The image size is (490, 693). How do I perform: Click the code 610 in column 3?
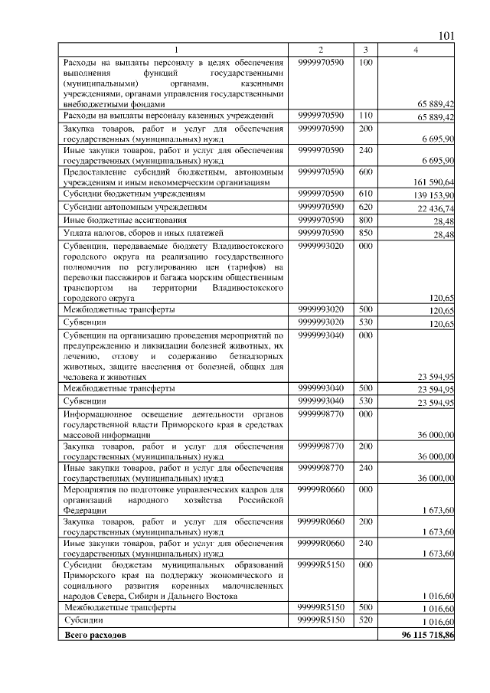tap(365, 194)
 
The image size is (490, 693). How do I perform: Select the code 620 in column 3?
tap(365, 207)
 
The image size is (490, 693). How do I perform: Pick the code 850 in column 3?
tap(365, 233)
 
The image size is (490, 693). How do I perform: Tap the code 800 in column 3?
tap(365, 220)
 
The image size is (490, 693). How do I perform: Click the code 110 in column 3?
tap(365, 115)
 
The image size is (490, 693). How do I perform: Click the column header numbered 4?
tap(416, 50)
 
